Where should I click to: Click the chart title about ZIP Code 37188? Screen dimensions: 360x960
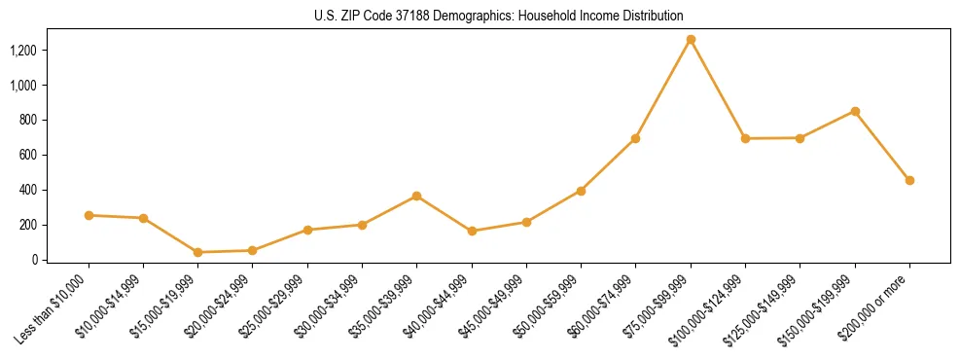(x=499, y=16)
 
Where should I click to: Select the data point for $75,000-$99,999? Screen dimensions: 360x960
(x=691, y=40)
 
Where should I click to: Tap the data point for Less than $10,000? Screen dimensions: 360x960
(x=89, y=215)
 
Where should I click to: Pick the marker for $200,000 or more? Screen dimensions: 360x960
(x=909, y=180)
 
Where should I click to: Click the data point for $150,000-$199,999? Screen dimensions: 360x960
(x=855, y=111)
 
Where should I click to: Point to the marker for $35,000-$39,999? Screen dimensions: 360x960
(x=417, y=196)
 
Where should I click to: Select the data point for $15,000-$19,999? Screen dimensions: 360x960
(x=198, y=252)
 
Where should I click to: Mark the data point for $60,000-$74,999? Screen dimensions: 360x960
(x=636, y=138)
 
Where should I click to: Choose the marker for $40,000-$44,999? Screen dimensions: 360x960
(x=472, y=232)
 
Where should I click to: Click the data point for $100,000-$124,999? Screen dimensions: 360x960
(x=745, y=138)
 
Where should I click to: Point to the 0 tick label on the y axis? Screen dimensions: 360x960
(x=33, y=260)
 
